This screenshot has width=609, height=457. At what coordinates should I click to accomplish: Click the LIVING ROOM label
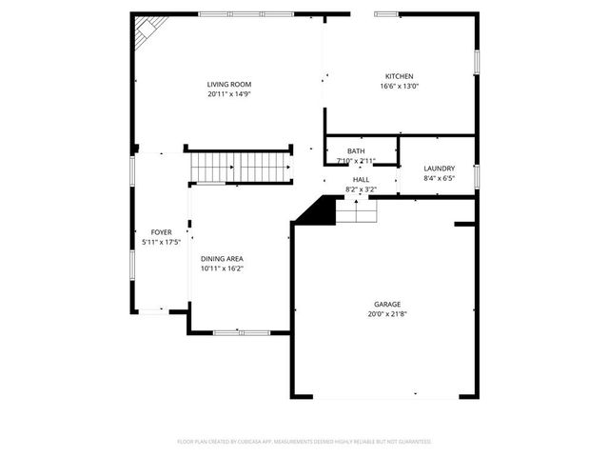click(228, 85)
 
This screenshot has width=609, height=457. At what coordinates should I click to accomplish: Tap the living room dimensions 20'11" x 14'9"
click(228, 94)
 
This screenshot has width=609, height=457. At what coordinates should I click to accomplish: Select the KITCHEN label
click(399, 76)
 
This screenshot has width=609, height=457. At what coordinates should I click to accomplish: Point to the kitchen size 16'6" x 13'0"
click(399, 86)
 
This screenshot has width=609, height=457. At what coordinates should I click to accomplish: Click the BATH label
click(356, 151)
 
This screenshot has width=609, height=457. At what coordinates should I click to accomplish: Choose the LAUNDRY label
click(439, 169)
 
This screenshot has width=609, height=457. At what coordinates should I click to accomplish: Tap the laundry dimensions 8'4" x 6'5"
click(439, 178)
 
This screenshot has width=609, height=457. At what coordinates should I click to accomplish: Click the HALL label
click(361, 179)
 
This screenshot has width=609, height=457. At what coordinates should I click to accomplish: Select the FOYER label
click(161, 231)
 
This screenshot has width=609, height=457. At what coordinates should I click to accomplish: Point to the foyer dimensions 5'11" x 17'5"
click(161, 241)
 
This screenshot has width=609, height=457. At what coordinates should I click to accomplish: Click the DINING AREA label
click(222, 259)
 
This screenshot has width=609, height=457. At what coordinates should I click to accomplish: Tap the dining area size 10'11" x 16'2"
click(222, 268)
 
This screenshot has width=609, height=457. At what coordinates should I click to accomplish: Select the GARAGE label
click(386, 304)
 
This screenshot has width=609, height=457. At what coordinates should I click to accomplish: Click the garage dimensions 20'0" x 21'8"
click(386, 313)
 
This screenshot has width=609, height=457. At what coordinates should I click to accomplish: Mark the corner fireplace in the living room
click(146, 33)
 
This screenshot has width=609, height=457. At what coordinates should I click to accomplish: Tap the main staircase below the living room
click(240, 168)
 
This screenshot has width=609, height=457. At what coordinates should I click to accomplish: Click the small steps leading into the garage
click(357, 214)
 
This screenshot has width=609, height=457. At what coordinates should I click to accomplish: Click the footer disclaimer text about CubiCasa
click(304, 442)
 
